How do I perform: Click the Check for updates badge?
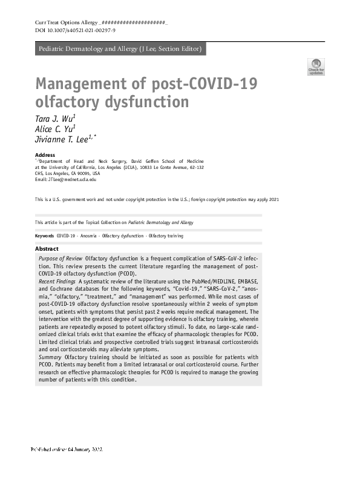[316, 66]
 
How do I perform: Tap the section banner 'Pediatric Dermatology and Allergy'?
[120, 49]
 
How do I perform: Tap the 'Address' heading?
[45, 155]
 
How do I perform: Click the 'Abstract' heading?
[47, 249]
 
